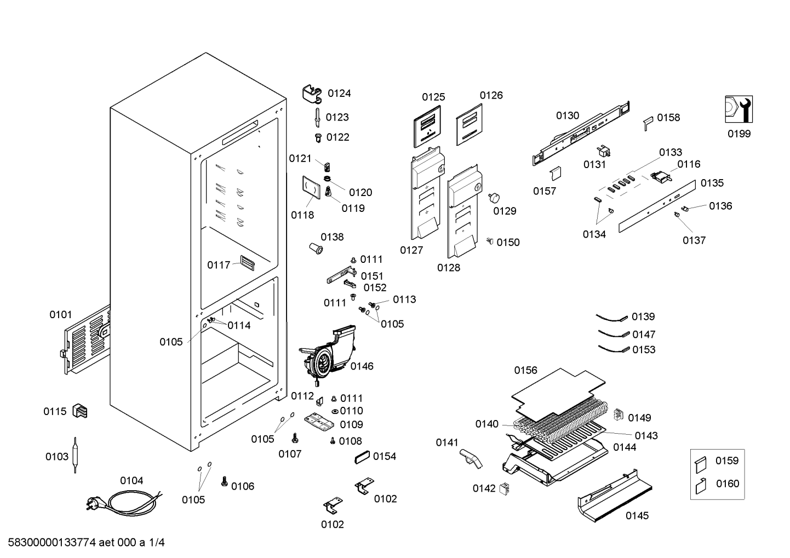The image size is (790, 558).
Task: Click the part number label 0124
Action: pyautogui.click(x=339, y=94)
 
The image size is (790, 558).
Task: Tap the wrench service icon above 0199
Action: pyautogui.click(x=739, y=110)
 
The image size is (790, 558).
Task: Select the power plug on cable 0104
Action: pyautogui.click(x=95, y=503)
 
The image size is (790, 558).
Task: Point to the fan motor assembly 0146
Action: pyautogui.click(x=327, y=354)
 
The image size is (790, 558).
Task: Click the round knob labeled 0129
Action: pyautogui.click(x=494, y=198)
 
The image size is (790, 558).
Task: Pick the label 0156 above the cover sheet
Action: pyautogui.click(x=525, y=370)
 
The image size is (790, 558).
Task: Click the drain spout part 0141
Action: pyautogui.click(x=471, y=458)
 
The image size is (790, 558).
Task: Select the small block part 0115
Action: pyautogui.click(x=79, y=411)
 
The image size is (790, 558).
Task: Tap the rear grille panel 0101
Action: pyautogui.click(x=87, y=340)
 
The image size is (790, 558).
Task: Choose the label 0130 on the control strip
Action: pyautogui.click(x=568, y=116)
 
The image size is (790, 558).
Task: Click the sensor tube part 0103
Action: pyautogui.click(x=75, y=455)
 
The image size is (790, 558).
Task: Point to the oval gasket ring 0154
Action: pyautogui.click(x=362, y=457)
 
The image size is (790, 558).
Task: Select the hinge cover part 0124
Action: pyautogui.click(x=312, y=94)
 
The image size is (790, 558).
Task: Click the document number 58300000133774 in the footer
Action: pyautogui.click(x=51, y=542)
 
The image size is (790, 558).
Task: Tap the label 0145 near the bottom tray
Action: pyautogui.click(x=637, y=516)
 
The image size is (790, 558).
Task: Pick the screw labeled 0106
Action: pyautogui.click(x=224, y=481)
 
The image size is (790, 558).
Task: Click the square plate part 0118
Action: pyautogui.click(x=311, y=187)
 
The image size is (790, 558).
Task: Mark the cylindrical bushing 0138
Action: pyautogui.click(x=316, y=248)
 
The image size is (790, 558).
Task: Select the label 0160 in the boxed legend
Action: pyautogui.click(x=727, y=484)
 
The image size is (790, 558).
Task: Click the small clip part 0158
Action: pyautogui.click(x=648, y=123)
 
